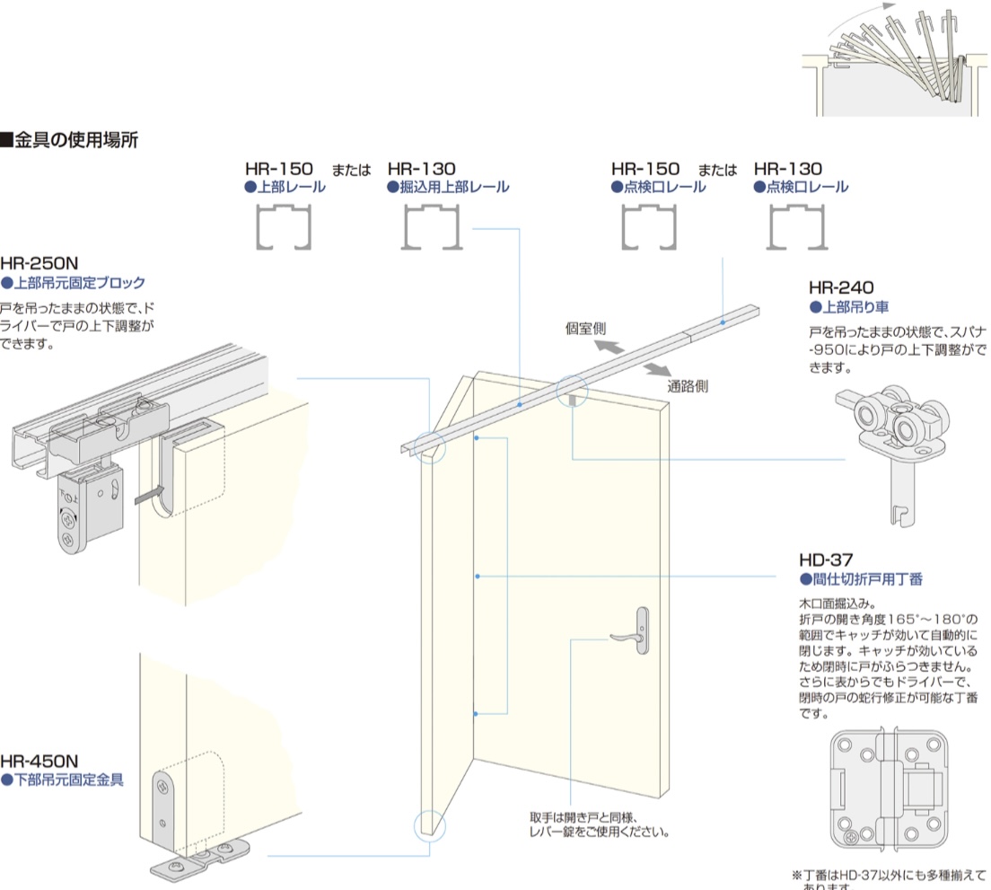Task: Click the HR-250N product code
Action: (39, 264)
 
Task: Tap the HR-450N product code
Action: (39, 762)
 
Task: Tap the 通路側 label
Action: (688, 387)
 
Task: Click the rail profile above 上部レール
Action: (284, 228)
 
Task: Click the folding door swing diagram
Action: (893, 63)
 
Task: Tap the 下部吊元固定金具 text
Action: (67, 780)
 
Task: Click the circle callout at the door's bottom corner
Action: (429, 824)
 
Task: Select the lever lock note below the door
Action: (600, 824)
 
